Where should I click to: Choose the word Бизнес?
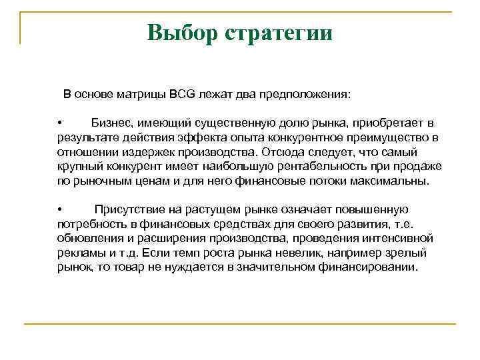pos(112,123)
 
